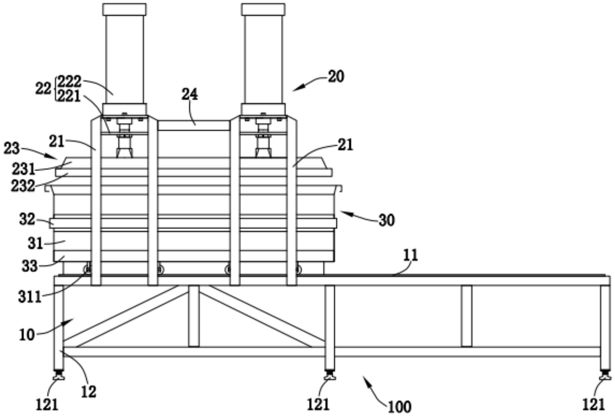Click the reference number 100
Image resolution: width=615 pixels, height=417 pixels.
pos(399,407)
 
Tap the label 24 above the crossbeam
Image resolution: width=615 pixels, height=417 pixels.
pos(190,94)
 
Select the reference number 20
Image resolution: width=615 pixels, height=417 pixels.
pos(336,76)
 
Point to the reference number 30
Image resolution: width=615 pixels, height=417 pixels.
pos(386,220)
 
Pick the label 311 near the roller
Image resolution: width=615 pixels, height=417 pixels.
pos(30,297)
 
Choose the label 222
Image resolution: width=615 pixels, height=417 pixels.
pos(69,82)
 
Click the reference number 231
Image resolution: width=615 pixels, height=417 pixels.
pos(23,169)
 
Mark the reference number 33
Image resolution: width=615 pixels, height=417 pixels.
pos(30,266)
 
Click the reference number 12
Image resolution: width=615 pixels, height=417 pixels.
pos(89,392)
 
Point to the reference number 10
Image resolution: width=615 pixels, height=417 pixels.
pos(27,334)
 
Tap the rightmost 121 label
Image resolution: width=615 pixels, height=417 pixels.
pos(593,405)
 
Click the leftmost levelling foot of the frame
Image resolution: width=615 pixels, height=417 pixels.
pos(59,377)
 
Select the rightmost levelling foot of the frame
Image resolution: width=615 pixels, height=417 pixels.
pos(605,377)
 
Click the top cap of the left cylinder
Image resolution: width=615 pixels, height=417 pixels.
pos(124,9)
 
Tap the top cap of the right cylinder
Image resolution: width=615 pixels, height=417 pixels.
pos(263,9)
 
